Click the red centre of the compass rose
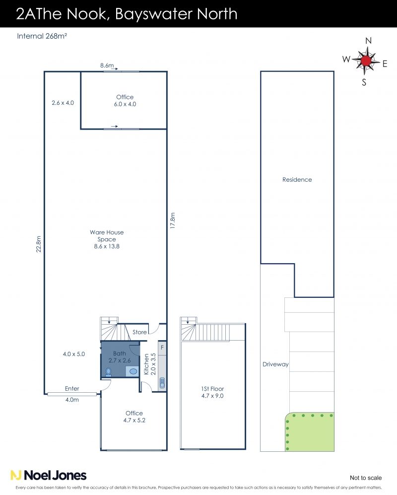tap(366, 61)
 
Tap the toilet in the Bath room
tap(108, 372)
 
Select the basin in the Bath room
tap(133, 371)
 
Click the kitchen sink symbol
tap(162, 383)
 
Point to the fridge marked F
tap(162, 348)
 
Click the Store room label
tap(139, 332)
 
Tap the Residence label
tap(297, 180)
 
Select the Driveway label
tap(275, 364)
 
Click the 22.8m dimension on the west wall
tap(39, 244)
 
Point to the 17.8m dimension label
tap(172, 220)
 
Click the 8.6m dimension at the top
tap(107, 66)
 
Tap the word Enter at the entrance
tap(72, 389)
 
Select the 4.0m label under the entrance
tap(72, 400)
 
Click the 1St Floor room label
tap(212, 392)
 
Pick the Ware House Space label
tap(107, 239)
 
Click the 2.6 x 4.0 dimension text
tap(63, 103)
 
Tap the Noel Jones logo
tap(48, 475)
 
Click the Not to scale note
tap(366, 478)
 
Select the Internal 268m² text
tap(42, 36)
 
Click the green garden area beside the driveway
tap(310, 432)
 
